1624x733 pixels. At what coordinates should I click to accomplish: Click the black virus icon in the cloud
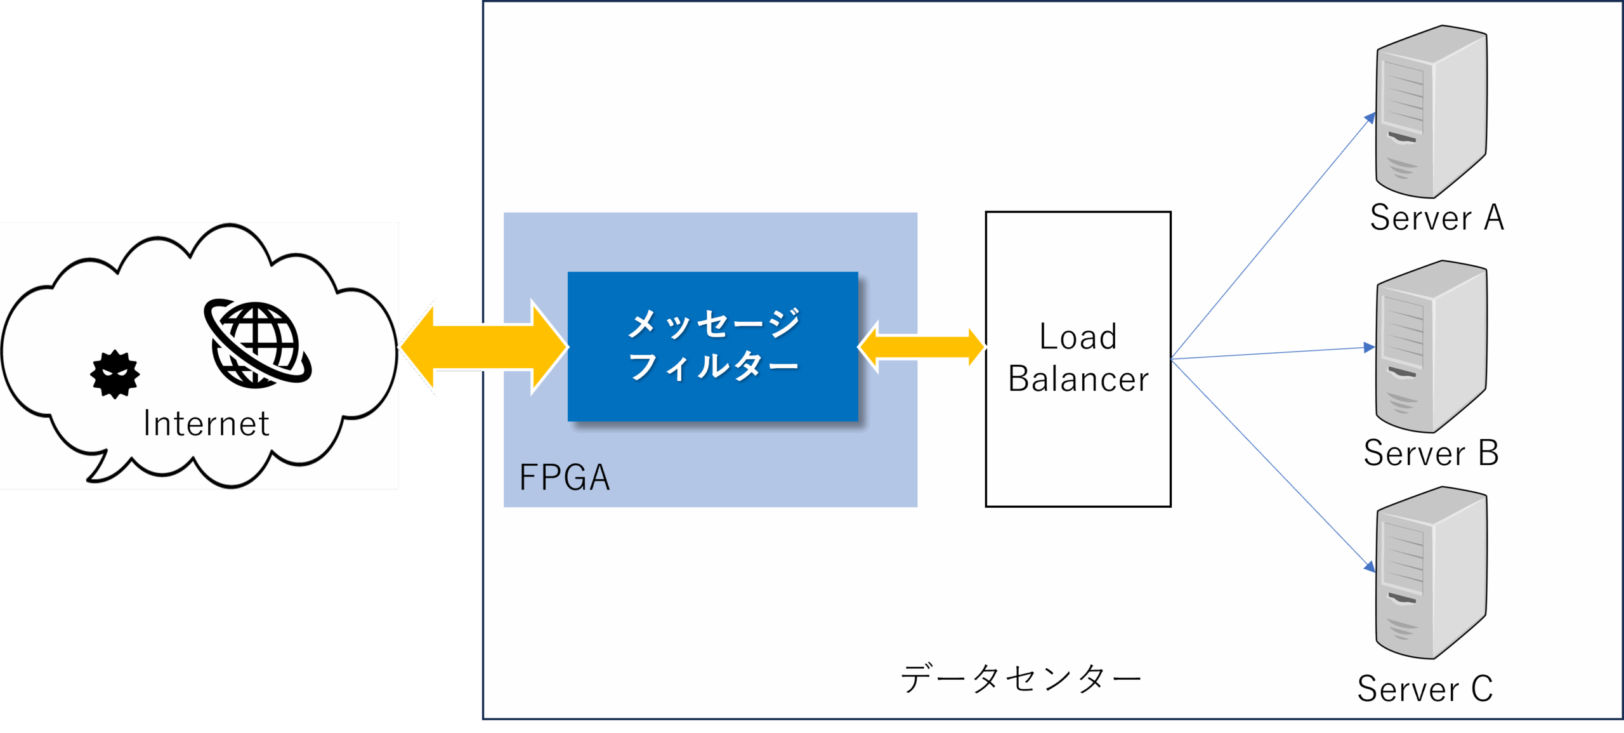pos(115,374)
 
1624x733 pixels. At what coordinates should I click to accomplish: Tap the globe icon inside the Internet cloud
pos(258,343)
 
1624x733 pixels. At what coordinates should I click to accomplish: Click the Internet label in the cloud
pos(206,423)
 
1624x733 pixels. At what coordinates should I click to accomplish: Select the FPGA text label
pos(564,477)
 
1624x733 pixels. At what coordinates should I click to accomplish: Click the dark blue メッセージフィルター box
pos(712,347)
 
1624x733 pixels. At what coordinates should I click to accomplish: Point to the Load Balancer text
pos(1078,357)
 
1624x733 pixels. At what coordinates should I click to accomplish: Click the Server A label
pos(1437,218)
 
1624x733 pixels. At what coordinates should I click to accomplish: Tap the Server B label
pos(1431,452)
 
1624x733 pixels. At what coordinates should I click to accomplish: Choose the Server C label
pos(1425,689)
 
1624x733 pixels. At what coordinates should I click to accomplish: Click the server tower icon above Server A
pos(1431,112)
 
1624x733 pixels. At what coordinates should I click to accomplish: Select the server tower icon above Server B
pos(1431,347)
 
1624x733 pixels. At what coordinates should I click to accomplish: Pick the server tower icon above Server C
pos(1431,573)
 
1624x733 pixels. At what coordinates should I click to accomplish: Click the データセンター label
pos(1021,678)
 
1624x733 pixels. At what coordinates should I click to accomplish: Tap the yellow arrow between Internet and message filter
pos(483,347)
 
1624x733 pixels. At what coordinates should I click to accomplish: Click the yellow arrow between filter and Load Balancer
pos(921,347)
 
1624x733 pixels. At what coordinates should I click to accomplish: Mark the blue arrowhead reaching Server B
pos(1369,347)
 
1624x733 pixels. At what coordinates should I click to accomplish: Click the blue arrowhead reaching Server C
pos(1370,566)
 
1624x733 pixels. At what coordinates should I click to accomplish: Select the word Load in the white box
pos(1078,336)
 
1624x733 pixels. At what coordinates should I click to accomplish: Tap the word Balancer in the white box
pos(1078,379)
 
